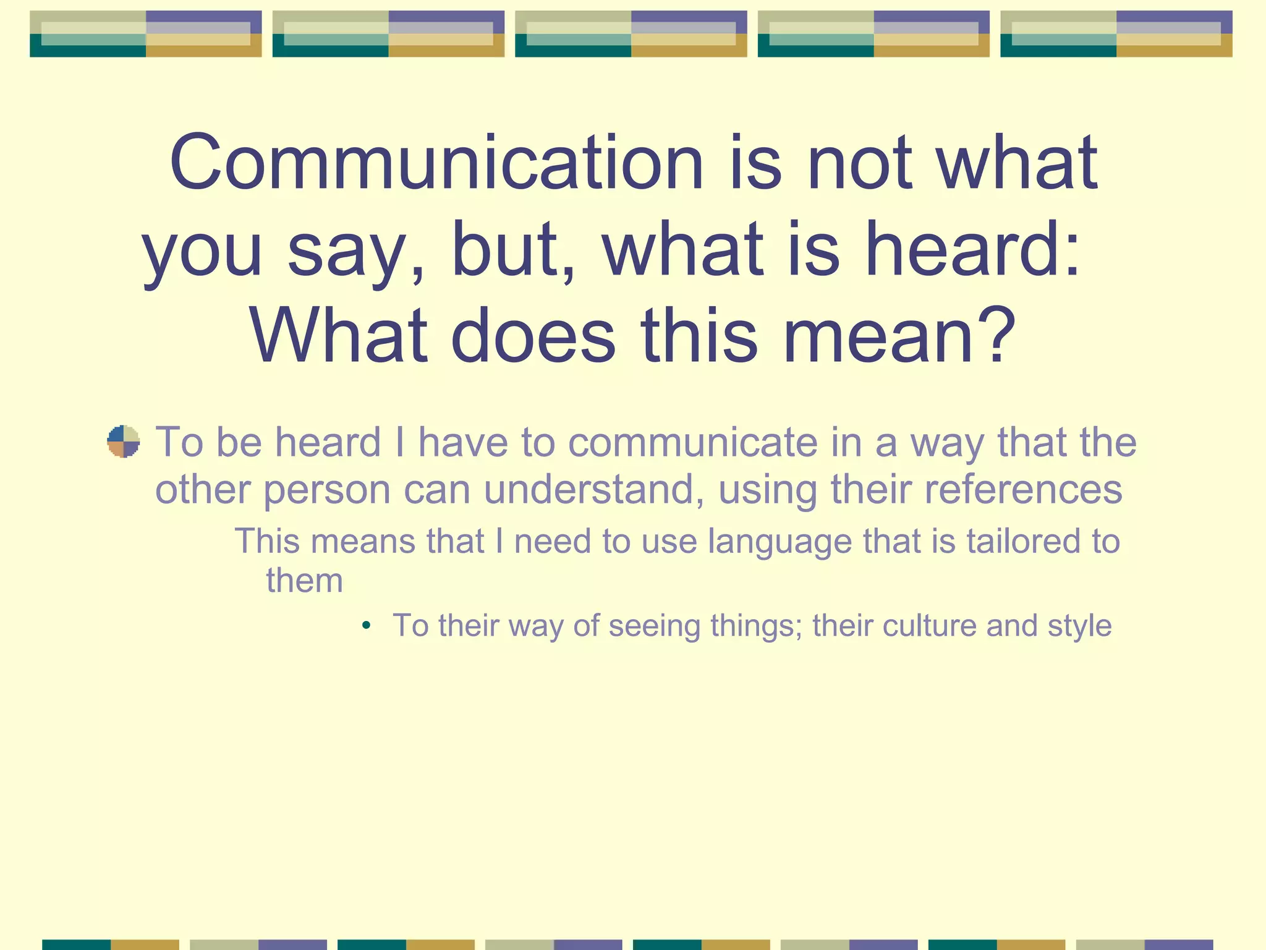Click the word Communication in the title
[436, 163]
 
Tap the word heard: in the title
[972, 250]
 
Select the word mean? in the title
[899, 337]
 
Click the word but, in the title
[512, 250]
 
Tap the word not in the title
[859, 163]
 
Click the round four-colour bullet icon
[124, 442]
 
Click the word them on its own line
[304, 581]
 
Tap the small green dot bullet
[367, 625]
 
